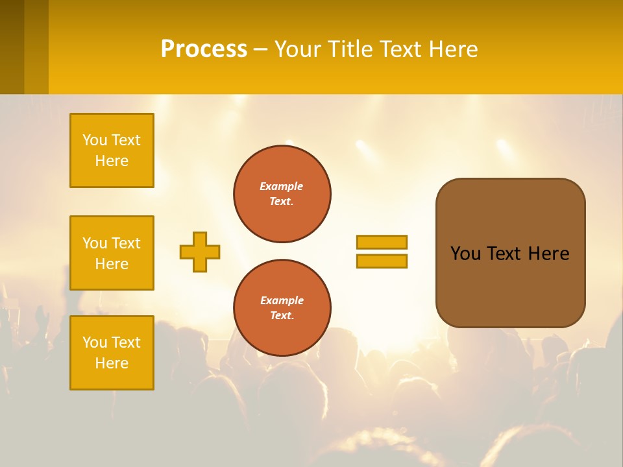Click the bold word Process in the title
204,49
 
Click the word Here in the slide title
452,49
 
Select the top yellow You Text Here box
112,150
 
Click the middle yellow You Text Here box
112,253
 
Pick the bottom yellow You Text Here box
112,353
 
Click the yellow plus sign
200,252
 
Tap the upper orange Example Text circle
282,194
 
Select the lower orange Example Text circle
282,307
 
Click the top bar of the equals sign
382,242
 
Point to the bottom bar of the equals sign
382,261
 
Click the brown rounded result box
510,285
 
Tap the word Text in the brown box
504,254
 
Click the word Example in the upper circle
282,186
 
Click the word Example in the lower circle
282,300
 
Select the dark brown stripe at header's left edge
12,47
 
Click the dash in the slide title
260,50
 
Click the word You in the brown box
465,254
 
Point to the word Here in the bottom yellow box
112,363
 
